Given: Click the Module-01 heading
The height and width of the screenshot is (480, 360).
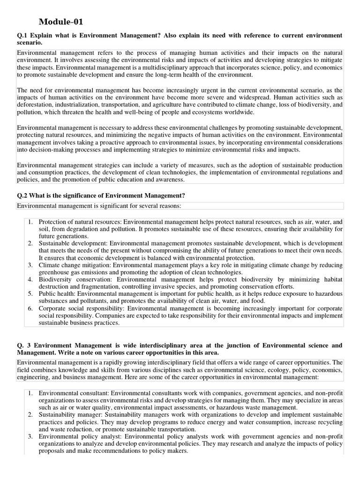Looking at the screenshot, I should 61,22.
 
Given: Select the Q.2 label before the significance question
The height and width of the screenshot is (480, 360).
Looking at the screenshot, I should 23,195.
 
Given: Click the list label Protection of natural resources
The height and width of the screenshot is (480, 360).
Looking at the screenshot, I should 80,221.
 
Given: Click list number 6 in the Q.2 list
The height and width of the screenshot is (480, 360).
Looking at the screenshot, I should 30,308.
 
